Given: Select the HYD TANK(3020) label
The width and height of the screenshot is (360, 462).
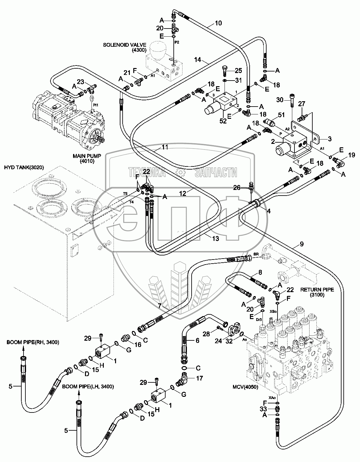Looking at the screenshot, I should (x=24, y=168).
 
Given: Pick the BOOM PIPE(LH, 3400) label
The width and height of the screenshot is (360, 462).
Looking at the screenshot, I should (x=88, y=386).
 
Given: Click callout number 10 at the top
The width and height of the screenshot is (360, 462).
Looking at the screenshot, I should (x=218, y=23).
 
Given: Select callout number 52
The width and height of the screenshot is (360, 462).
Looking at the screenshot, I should (x=223, y=121).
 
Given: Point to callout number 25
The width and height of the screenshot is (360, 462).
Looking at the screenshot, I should (x=239, y=70).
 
